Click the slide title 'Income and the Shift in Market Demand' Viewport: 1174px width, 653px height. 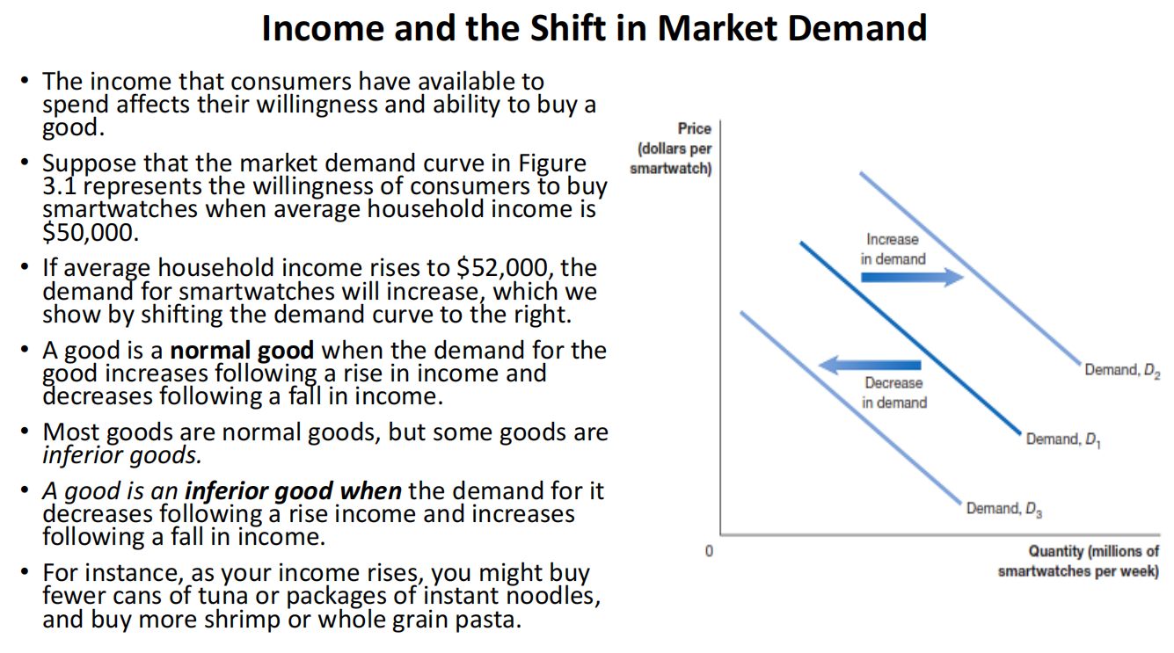594,28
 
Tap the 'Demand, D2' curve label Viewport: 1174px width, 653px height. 1122,371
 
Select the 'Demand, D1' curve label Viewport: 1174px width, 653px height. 1063,439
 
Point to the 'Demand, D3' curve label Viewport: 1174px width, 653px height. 1003,509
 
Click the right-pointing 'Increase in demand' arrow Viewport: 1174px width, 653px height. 912,277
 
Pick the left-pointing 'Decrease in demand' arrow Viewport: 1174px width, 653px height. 870,365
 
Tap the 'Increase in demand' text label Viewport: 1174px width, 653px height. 893,250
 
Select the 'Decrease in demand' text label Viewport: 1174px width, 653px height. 894,393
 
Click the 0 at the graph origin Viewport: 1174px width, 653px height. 709,551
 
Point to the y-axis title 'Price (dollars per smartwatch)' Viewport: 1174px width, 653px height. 671,149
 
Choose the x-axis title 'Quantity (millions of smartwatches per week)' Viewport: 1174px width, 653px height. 1079,561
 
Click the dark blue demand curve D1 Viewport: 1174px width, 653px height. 911,338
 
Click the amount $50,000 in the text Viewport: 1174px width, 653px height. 91,233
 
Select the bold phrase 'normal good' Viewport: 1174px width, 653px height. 242,351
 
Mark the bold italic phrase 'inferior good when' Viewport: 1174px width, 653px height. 293,491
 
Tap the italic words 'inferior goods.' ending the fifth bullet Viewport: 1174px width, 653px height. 122,455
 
